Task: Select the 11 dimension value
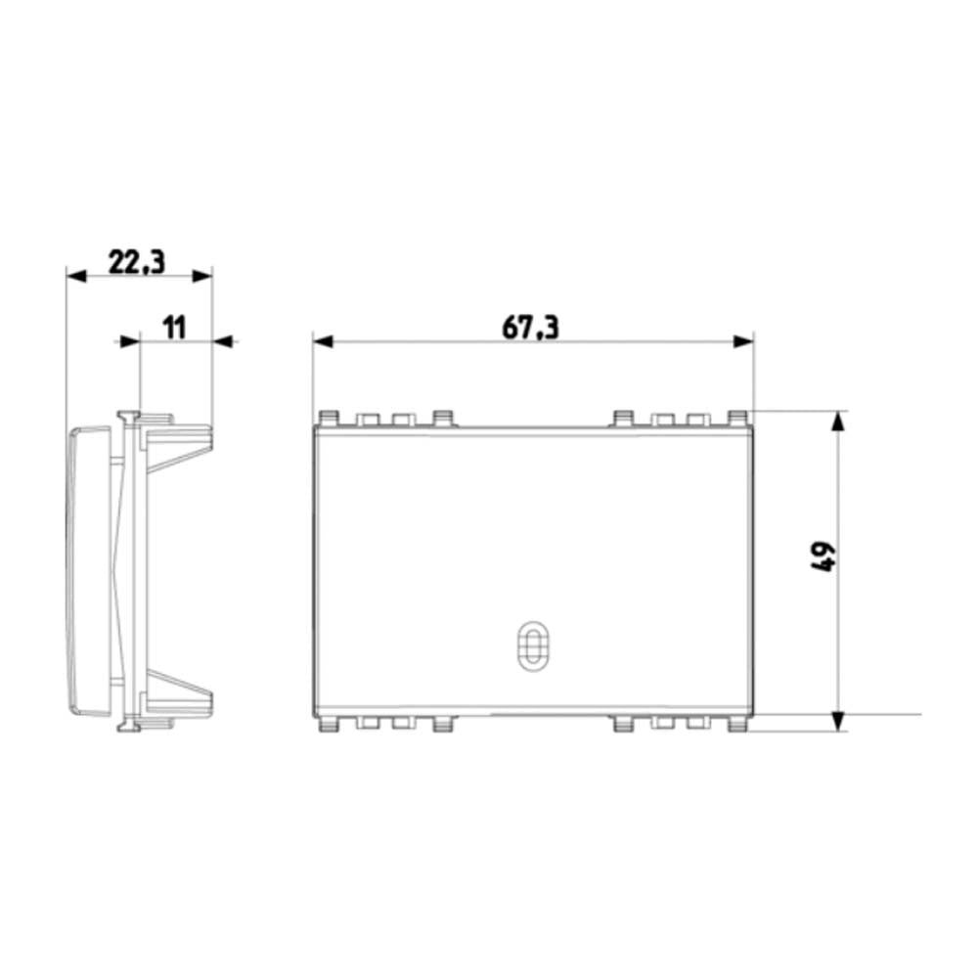coord(173,327)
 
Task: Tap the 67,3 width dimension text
coord(530,328)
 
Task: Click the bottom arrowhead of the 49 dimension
coord(837,720)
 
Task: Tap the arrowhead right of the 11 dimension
coord(224,341)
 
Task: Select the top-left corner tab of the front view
coord(327,419)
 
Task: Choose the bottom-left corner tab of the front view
coord(327,725)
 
